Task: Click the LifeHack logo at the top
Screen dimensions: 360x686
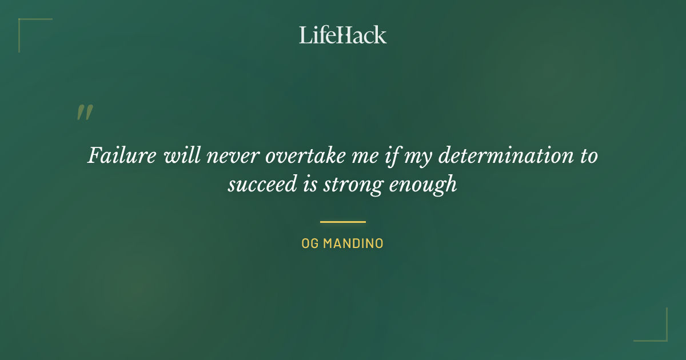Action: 343,35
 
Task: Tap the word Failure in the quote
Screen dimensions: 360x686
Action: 122,156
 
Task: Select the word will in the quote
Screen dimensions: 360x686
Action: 178,156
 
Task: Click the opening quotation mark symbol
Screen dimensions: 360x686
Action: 85,113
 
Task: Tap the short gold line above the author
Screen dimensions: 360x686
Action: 343,222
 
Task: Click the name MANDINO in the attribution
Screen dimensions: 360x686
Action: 353,244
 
